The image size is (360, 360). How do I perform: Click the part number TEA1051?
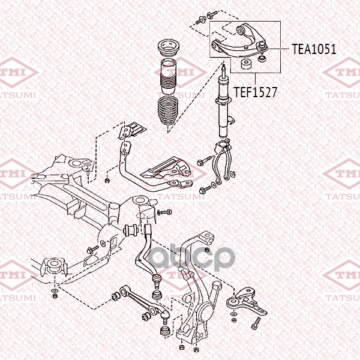coord(314,49)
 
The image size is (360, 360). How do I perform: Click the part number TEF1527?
coord(256,92)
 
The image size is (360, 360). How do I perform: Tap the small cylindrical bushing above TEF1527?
coord(247,64)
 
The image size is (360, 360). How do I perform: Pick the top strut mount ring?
coord(169,48)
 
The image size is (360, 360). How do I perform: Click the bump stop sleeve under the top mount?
coord(169,76)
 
